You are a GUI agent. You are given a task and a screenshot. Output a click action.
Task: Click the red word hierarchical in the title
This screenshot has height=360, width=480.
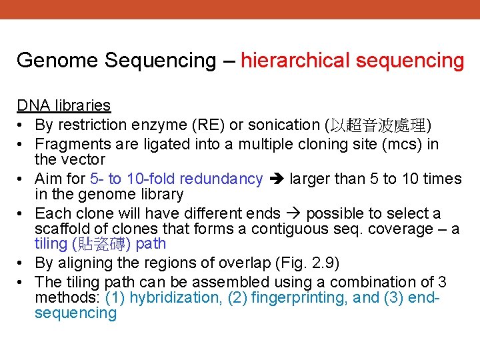click(295, 61)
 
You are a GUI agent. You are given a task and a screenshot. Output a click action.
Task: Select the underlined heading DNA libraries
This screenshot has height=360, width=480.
click(63, 105)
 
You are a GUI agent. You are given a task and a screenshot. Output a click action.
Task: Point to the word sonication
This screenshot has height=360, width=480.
click(286, 125)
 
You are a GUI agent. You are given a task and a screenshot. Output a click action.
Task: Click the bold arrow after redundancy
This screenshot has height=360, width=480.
click(277, 179)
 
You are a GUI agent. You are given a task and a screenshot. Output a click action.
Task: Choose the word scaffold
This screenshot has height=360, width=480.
click(62, 229)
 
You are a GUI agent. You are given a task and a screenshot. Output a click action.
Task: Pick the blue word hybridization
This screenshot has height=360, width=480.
click(175, 298)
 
